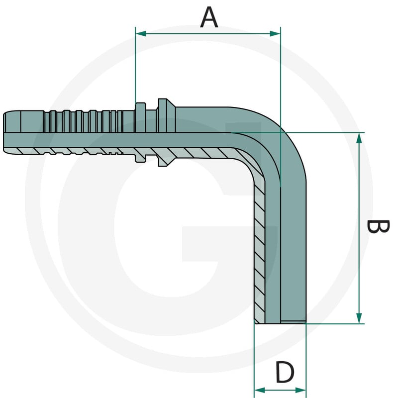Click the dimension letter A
pos(209,17)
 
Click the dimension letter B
pos(378,226)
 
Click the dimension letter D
pos(285,372)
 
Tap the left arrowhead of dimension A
pos(141,33)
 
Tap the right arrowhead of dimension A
pos(275,33)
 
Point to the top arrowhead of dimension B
pos(359,138)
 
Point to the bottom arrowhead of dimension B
pos(359,318)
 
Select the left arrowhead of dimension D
pos(259,390)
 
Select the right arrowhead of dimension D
pos(301,390)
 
